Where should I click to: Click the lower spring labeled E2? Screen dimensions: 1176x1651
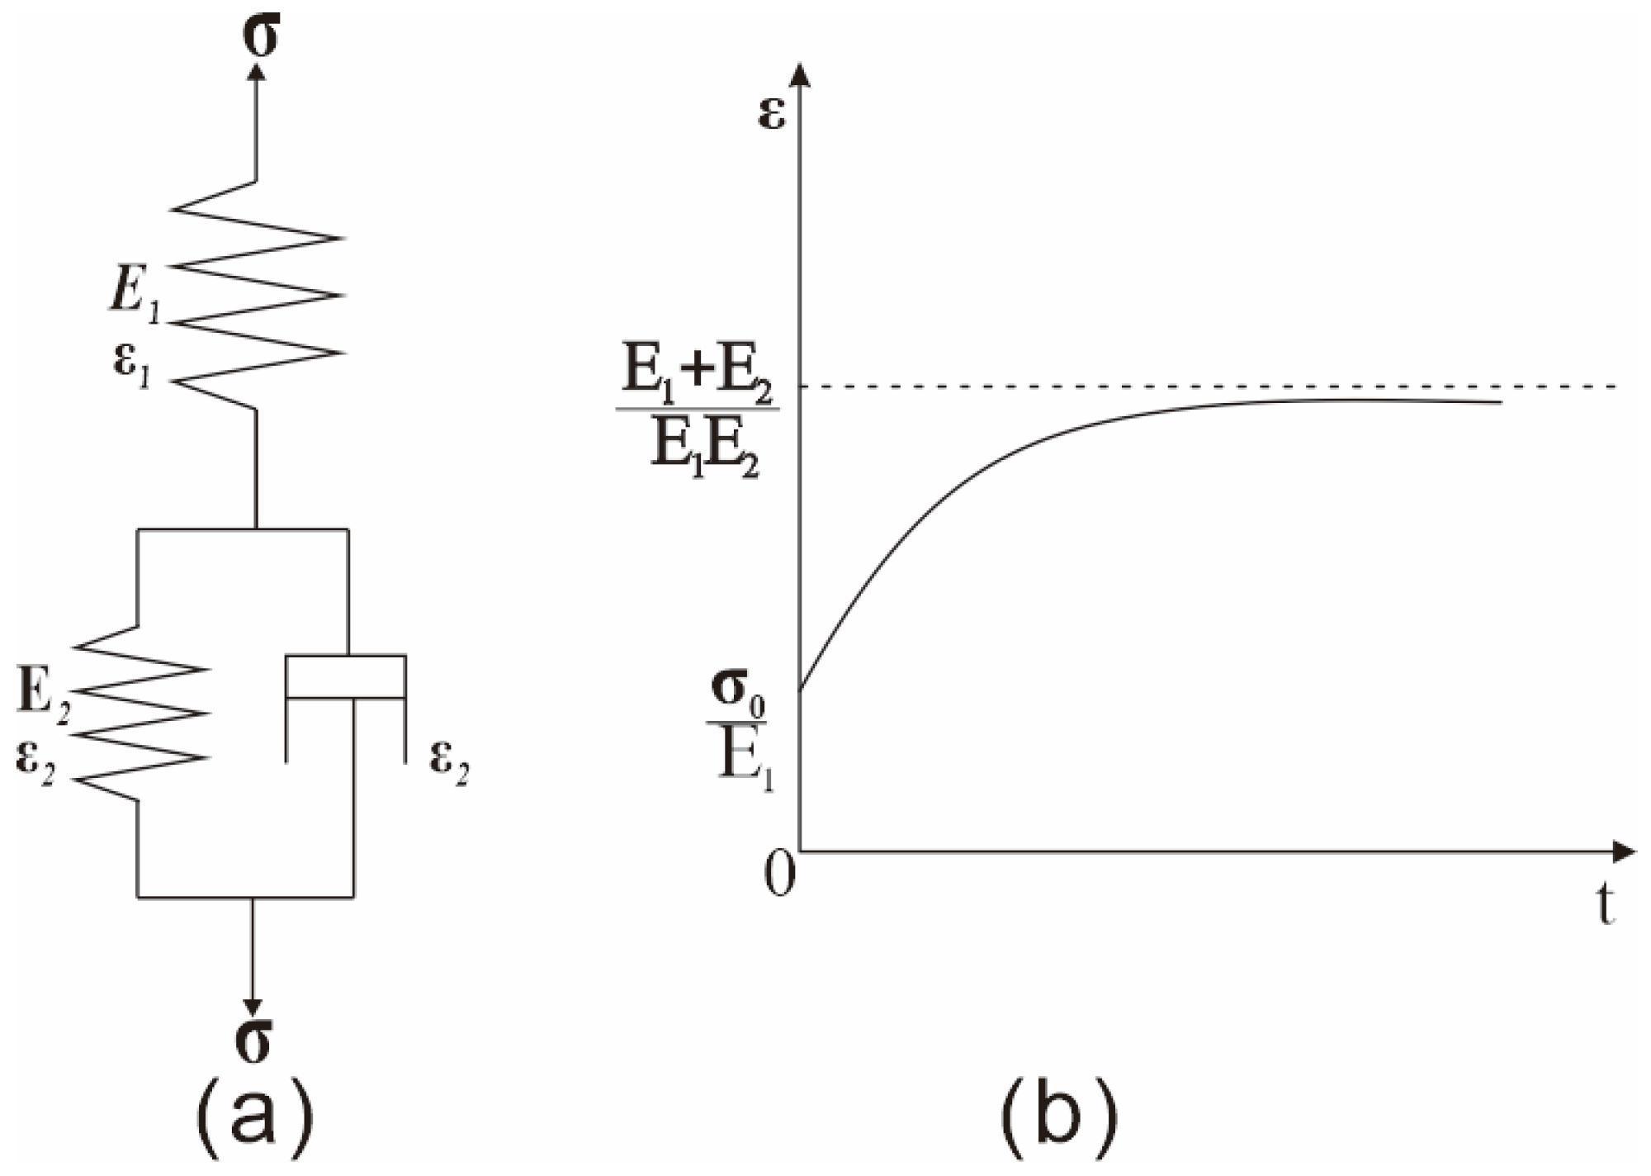click(x=139, y=713)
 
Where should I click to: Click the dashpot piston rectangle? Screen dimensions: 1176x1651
click(x=345, y=677)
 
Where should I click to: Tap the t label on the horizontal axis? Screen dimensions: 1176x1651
click(x=1605, y=907)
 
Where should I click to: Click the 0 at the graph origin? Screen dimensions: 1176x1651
click(x=779, y=874)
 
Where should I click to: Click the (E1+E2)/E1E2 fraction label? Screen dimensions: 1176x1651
click(x=698, y=421)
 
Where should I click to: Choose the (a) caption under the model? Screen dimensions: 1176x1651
click(x=253, y=1119)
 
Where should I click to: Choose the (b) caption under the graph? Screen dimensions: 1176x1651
click(x=1060, y=1119)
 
